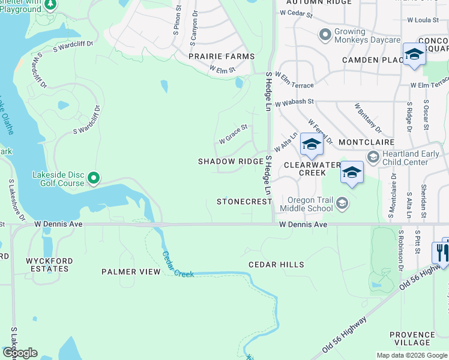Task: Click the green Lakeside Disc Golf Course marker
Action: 93,178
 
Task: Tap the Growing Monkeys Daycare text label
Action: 367,36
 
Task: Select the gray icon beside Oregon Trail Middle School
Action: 342,204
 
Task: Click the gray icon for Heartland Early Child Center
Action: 373,157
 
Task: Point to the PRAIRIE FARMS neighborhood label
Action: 221,56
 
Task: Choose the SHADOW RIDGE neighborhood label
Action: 231,162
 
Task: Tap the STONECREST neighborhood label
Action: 244,202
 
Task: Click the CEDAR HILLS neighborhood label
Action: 276,265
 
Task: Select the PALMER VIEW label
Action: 131,272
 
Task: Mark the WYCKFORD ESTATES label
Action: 49,265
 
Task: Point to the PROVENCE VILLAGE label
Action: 412,339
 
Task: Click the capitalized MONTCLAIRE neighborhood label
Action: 366,142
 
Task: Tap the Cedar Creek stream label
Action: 178,265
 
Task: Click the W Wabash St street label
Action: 295,104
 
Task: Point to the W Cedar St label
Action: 297,13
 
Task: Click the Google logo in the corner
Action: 20,353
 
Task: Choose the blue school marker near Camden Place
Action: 414,55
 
